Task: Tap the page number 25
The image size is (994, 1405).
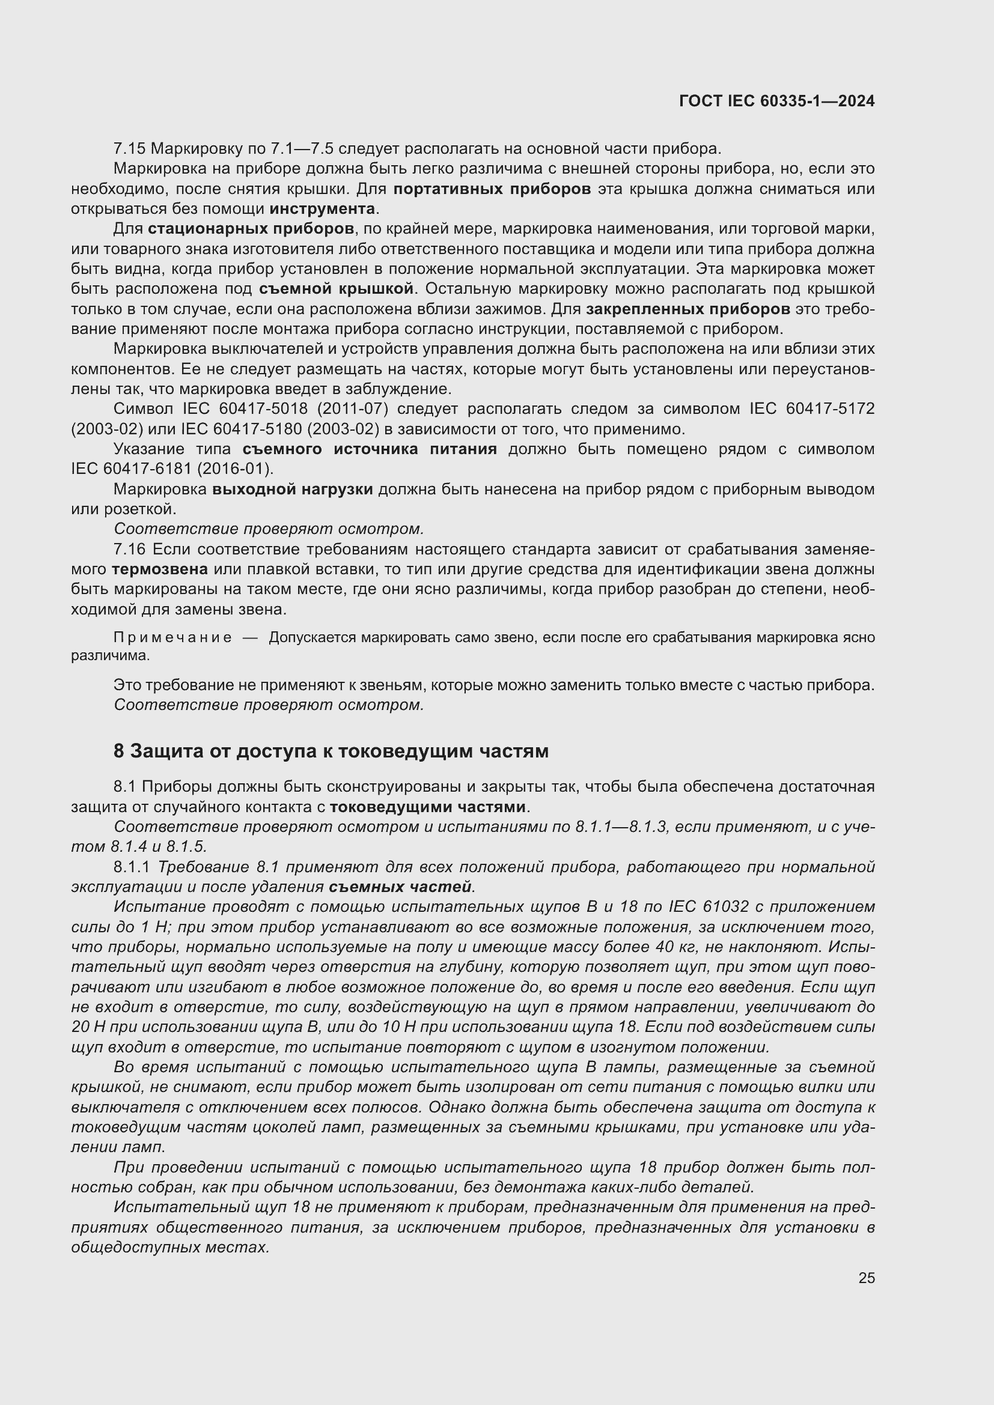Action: point(866,1278)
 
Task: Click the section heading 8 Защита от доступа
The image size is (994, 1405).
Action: point(331,751)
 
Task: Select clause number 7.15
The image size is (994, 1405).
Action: point(129,149)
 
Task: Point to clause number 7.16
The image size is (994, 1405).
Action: point(129,550)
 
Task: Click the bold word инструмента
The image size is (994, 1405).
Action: point(322,208)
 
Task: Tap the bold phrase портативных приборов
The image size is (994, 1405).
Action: point(492,189)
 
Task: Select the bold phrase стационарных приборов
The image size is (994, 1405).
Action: point(251,229)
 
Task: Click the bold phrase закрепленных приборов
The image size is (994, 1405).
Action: point(688,309)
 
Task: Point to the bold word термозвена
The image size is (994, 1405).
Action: point(159,569)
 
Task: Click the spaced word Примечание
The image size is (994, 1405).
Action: point(172,638)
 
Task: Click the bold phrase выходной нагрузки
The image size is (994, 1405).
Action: point(293,490)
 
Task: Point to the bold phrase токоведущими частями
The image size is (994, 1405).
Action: point(427,807)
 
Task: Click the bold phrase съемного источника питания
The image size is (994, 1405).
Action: point(369,449)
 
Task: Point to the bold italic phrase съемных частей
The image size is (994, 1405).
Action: point(400,887)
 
